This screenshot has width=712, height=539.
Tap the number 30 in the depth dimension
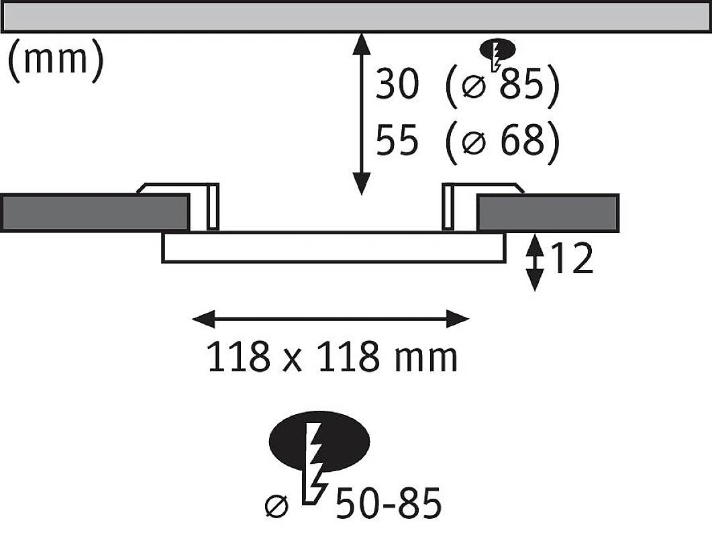point(397,87)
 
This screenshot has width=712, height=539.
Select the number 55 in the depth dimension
point(397,142)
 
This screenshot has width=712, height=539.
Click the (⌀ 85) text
point(502,87)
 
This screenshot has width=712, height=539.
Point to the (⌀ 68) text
point(502,142)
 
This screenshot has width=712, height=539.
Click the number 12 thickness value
point(572,259)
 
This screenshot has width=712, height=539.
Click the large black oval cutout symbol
point(319,440)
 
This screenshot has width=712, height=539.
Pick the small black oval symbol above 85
point(498,49)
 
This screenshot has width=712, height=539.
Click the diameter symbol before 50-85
point(277,505)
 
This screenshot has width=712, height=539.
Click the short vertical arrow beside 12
point(534,262)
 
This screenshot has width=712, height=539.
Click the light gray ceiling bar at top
point(356,16)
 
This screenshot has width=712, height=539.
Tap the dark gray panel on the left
point(95,212)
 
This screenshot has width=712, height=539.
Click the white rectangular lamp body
point(333,246)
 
